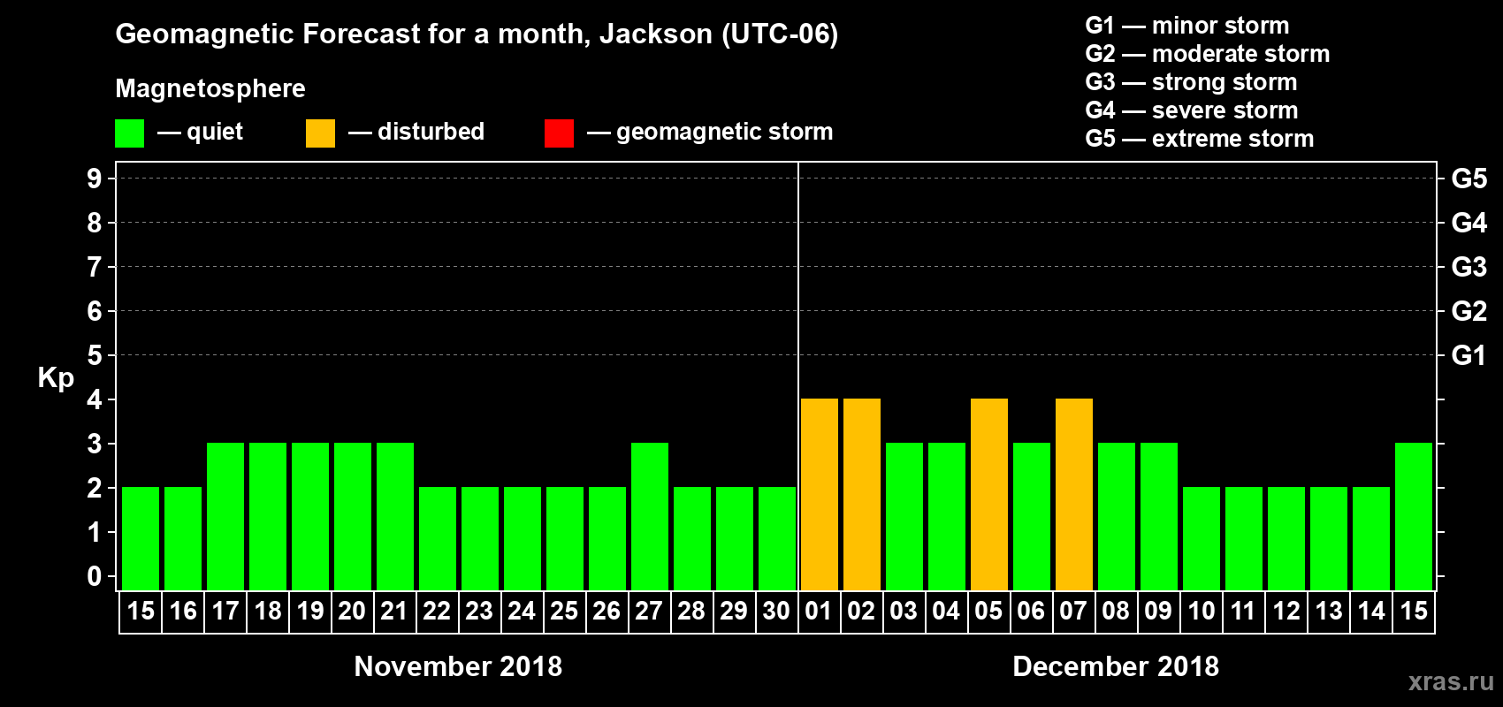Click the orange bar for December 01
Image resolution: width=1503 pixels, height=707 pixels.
(819, 494)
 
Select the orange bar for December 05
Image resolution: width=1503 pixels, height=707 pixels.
(988, 494)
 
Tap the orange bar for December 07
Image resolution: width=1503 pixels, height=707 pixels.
(1073, 494)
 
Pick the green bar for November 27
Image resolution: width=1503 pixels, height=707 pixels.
(649, 516)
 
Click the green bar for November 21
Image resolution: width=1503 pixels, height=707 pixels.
(394, 516)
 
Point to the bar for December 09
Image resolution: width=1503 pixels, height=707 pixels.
(1158, 516)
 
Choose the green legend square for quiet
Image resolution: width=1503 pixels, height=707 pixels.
(129, 133)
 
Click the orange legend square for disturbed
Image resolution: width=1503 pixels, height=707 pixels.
(320, 133)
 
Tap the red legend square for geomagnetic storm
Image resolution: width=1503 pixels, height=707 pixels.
(559, 133)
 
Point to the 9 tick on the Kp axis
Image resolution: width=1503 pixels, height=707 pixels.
(95, 179)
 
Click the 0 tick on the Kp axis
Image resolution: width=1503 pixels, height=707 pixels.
(95, 576)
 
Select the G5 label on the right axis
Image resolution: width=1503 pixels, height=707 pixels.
(1469, 179)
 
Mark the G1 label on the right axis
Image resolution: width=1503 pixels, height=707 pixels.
(1469, 355)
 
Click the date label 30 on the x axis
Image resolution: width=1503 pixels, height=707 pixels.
(776, 611)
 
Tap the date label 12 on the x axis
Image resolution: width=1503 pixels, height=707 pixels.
(1286, 611)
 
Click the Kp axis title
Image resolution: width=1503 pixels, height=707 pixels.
(56, 378)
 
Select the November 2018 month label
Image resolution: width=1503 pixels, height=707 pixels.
(458, 666)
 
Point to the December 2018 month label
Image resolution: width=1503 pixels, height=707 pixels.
(1115, 666)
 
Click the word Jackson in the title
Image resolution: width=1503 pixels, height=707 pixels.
(655, 34)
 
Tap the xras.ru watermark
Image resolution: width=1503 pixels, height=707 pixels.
(1451, 681)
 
